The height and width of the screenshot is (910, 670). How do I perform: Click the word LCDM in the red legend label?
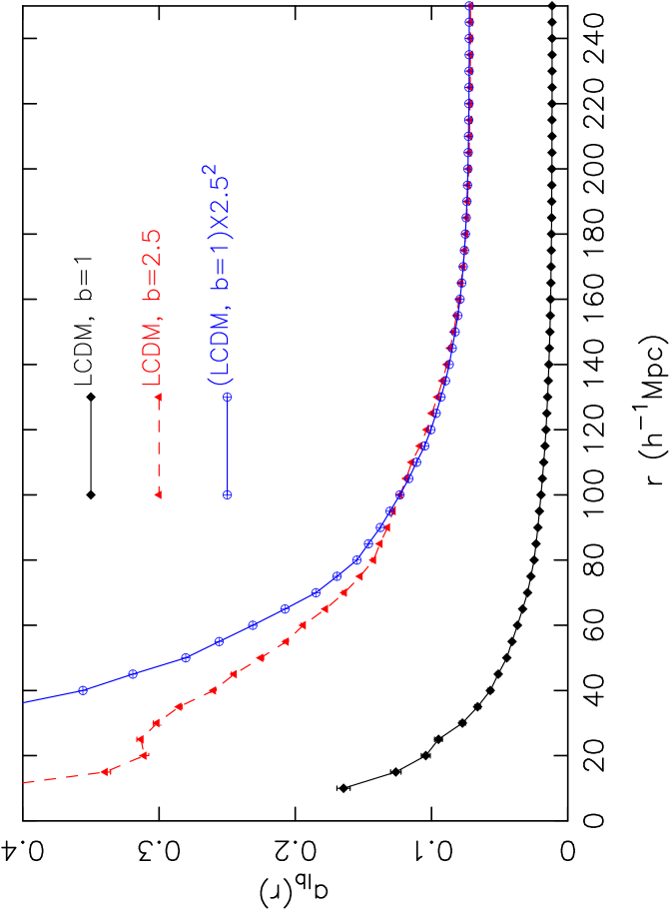pos(151,355)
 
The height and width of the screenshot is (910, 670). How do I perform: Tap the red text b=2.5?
pos(151,266)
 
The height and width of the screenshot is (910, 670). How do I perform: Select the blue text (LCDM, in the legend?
pos(221,351)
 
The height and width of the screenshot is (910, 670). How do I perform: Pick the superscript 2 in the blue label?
pos(210,171)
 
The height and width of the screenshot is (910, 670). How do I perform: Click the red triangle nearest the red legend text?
pos(159,398)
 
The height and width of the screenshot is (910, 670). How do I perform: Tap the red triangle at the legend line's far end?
pos(159,494)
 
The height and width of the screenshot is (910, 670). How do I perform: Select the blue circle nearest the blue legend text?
pos(228,398)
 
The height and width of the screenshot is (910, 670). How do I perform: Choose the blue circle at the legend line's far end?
pos(228,494)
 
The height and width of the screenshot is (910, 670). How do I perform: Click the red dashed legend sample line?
pos(159,446)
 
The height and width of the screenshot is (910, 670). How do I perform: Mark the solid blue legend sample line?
pos(228,446)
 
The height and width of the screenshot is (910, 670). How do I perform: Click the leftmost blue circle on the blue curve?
pos(83,690)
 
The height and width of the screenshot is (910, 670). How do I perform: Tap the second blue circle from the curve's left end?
pos(133,674)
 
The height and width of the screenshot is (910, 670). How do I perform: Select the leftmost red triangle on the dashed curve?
pos(103,772)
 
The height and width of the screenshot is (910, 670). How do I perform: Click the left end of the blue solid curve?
pos(25,702)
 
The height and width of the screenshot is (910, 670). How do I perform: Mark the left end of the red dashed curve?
pos(25,783)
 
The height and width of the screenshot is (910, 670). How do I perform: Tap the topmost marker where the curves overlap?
pos(469,5)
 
